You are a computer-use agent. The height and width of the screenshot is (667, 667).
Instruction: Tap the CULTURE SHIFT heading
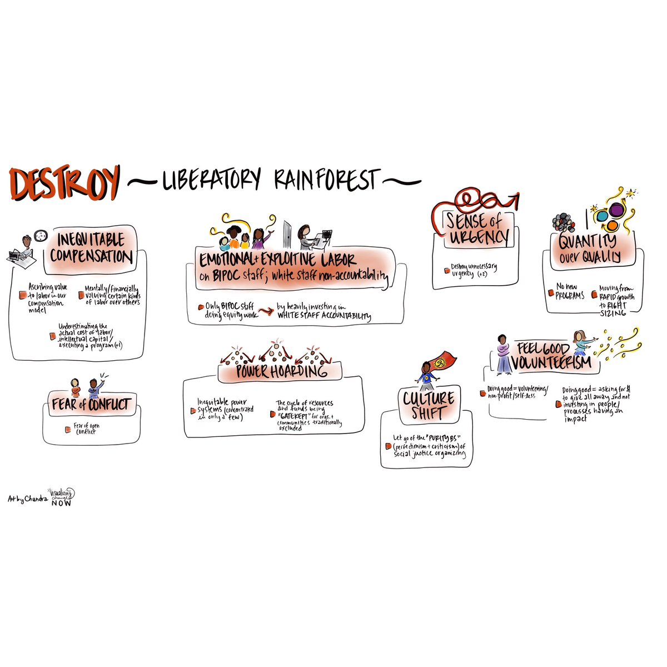429,405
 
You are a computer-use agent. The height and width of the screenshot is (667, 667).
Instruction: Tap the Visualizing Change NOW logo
62,496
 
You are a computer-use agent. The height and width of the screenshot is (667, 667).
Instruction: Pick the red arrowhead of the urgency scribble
517,197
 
